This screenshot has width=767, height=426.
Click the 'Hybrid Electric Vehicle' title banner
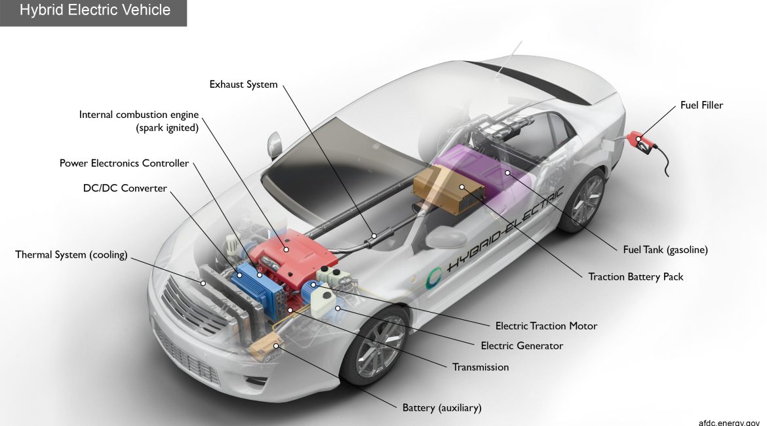coord(94,12)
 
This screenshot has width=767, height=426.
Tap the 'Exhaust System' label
coord(243,84)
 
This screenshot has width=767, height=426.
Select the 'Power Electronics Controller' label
coord(124,163)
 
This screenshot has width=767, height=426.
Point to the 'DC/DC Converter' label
coord(125,188)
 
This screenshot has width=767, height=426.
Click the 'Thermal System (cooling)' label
coord(71,254)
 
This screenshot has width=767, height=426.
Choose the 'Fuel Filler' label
coord(701,105)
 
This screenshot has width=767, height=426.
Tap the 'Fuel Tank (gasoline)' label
coord(665,250)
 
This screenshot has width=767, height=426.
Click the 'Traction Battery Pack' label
coord(635,277)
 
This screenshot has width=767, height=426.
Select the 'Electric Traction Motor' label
coord(546,326)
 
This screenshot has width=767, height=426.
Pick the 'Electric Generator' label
coord(521,345)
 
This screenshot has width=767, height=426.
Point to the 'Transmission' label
coord(481,367)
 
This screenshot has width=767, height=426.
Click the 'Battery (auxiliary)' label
coord(442,408)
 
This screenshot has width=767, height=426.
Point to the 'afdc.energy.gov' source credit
coord(729,422)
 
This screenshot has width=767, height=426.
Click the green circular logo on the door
coord(433,279)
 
